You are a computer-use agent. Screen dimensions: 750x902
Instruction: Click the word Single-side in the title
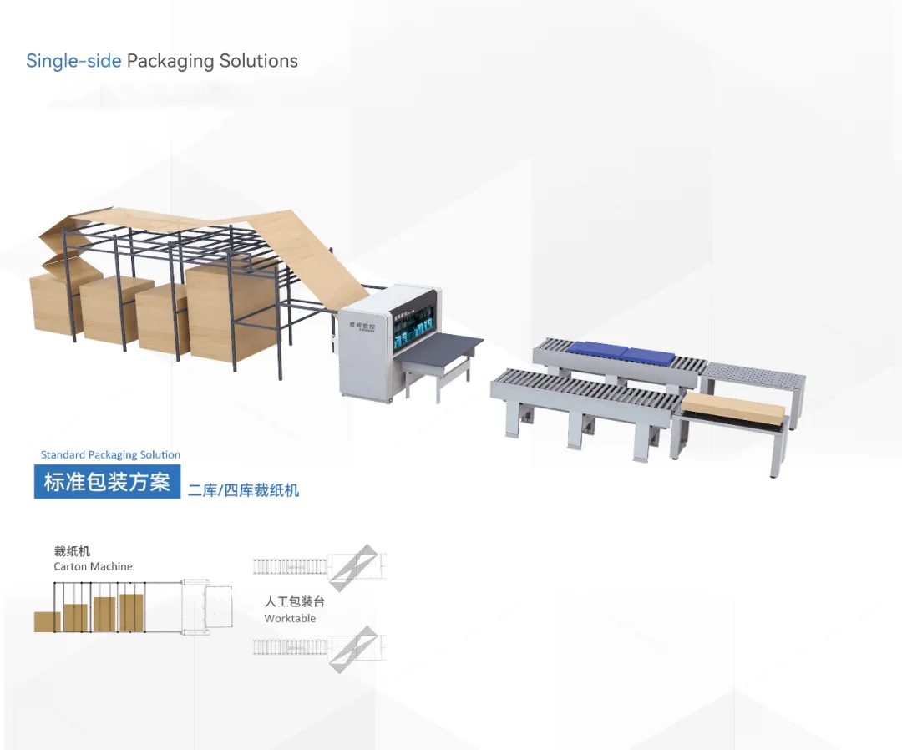coord(73,61)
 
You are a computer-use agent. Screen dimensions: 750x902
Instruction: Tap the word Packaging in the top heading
coord(170,61)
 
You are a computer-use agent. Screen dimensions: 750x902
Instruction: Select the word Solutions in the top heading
coord(259,61)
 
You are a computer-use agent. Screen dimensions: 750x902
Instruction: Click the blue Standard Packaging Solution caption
coord(110,455)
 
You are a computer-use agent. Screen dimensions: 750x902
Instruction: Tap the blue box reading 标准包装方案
coord(107,482)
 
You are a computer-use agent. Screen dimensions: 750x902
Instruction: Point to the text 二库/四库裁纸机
coord(243,490)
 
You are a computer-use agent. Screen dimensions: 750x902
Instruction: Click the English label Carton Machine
coord(93,566)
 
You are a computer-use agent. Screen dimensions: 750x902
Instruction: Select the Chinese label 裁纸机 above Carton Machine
coord(72,551)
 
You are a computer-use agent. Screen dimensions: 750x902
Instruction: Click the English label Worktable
coord(290,619)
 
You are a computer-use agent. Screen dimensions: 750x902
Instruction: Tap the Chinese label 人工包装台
coord(294,602)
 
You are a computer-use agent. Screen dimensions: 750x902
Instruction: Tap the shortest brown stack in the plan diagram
coord(47,621)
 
